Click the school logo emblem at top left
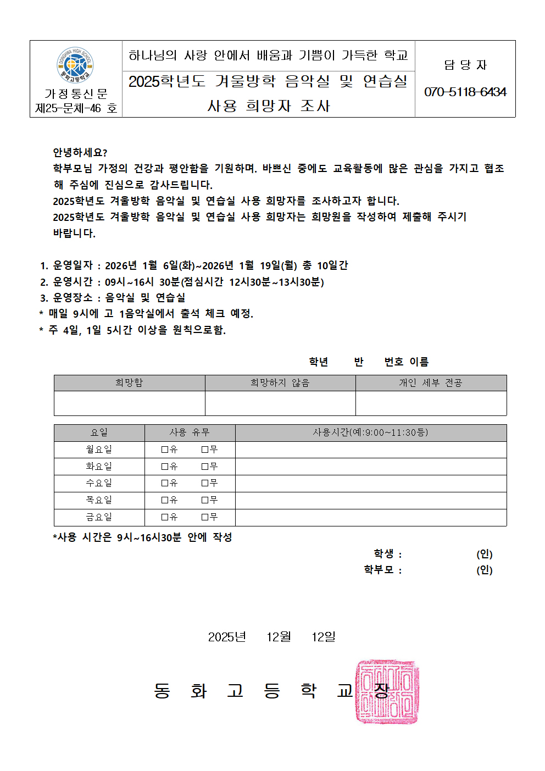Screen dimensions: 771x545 point(75,65)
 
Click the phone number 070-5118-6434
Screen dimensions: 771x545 point(465,92)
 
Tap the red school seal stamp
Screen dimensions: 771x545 point(387,691)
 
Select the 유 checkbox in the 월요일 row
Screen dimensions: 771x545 point(165,450)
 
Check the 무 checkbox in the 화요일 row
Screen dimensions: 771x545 point(205,467)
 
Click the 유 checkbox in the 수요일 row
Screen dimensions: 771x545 point(165,483)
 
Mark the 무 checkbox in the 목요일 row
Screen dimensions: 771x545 point(205,500)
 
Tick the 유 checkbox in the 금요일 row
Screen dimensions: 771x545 point(165,517)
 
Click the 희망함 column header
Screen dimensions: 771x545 point(129,382)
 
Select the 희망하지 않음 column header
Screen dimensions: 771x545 point(280,382)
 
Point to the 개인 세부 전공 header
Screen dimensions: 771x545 point(431,382)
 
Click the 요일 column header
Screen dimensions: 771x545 point(99,432)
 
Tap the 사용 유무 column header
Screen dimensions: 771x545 point(190,432)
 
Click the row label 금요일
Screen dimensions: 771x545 point(99,517)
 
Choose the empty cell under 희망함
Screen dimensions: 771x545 point(129,403)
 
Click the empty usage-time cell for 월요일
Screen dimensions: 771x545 point(371,450)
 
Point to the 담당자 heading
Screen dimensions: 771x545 point(465,65)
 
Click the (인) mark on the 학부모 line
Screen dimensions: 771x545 point(484,570)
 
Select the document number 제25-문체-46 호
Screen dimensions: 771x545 point(76,108)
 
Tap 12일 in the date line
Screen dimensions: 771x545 point(324,637)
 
